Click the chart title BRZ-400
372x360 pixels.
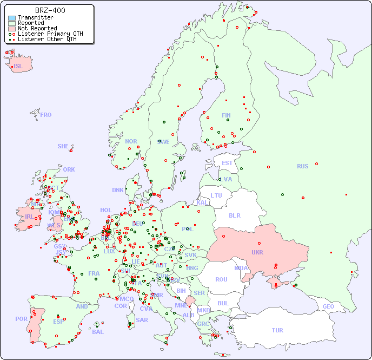(x=50, y=10)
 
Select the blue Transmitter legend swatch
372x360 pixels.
(x=12, y=18)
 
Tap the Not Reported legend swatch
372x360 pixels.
(x=12, y=29)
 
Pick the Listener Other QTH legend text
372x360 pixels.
(x=50, y=39)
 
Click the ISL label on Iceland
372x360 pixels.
(x=18, y=67)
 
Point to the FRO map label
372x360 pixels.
(x=45, y=115)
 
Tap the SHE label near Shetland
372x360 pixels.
(x=63, y=146)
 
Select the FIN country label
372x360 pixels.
(x=226, y=115)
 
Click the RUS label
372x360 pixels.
(x=302, y=166)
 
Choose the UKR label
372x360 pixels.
(x=257, y=252)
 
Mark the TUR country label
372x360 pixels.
(x=277, y=330)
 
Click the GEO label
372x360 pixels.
(x=328, y=306)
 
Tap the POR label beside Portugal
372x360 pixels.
(x=21, y=319)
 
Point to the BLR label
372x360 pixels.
(x=234, y=215)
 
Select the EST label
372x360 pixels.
(x=227, y=163)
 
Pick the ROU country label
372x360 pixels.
(x=221, y=279)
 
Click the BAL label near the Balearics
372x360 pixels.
(x=97, y=332)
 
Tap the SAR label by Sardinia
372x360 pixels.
(x=142, y=320)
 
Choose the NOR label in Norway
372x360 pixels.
(x=131, y=141)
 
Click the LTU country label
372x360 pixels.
(x=216, y=195)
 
